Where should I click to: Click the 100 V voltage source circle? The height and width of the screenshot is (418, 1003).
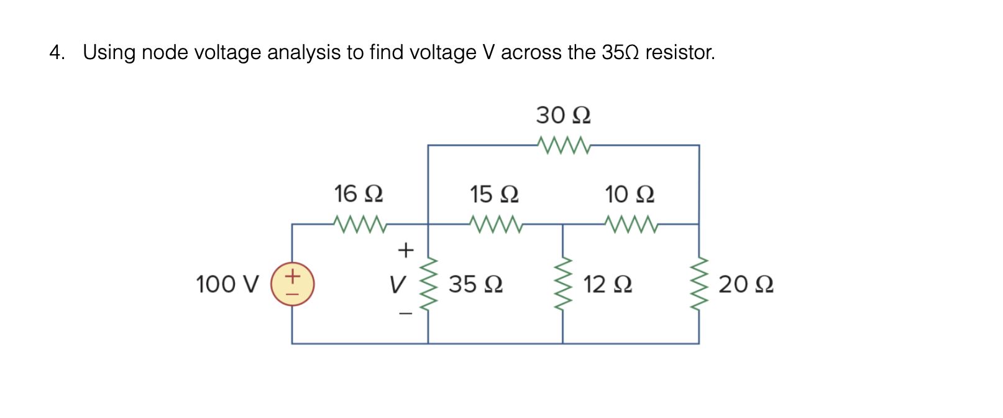coord(292,284)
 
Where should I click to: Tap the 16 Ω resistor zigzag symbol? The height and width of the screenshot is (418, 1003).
coord(359,223)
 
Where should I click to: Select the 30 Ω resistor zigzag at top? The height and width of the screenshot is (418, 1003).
coord(563,145)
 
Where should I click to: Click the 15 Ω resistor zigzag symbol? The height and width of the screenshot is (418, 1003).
coord(495,223)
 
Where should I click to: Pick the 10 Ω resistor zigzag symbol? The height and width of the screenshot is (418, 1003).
coord(630,223)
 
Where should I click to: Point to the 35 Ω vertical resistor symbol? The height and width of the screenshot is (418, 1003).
coord(428,284)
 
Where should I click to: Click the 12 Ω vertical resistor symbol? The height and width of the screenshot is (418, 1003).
coord(563,284)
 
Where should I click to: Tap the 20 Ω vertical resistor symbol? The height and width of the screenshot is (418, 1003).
coord(699,284)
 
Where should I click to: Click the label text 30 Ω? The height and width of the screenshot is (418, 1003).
coord(563,115)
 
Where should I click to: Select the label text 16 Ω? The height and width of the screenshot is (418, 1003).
coord(359,193)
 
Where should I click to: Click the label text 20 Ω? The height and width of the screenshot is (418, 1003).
coord(746,284)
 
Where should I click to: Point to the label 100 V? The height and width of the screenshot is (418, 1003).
coord(227,284)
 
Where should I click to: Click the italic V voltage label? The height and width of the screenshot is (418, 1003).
coord(396,285)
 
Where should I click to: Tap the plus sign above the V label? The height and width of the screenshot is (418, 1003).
coord(405,250)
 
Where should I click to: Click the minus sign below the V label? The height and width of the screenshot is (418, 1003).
coord(405,314)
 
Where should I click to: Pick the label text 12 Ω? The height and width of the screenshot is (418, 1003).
coord(607,284)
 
